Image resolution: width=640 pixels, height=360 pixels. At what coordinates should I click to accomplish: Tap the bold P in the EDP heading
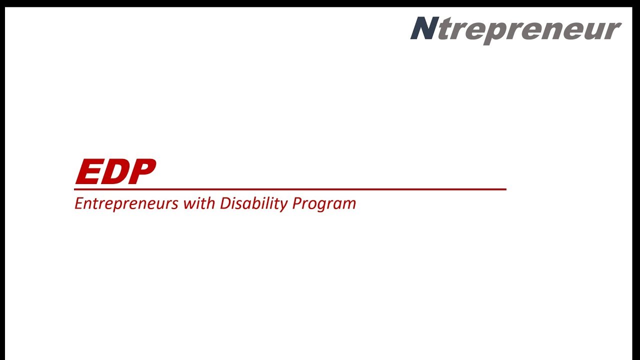click(x=141, y=172)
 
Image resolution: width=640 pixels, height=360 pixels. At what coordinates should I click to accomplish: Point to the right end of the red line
click(x=505, y=189)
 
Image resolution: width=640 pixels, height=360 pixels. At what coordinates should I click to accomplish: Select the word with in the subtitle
click(x=199, y=203)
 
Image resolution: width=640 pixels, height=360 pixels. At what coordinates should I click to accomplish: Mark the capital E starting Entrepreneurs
click(x=78, y=203)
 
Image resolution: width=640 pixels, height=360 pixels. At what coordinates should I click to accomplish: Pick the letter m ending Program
click(x=349, y=205)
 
